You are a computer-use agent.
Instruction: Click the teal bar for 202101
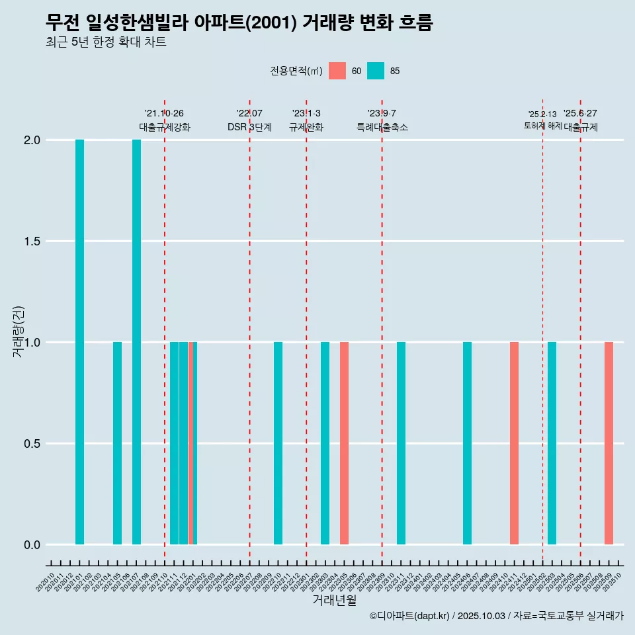pos(79,342)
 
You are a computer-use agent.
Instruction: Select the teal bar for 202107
pos(136,342)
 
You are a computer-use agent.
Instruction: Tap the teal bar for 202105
pos(117,443)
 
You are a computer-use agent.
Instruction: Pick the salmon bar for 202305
pos(344,443)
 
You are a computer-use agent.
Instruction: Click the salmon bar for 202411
pos(514,443)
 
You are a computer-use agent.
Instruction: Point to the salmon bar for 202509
pos(609,443)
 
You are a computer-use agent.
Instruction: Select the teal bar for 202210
pos(278,443)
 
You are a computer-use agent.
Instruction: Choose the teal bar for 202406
pos(467,443)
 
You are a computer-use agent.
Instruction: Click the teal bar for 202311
pos(401,443)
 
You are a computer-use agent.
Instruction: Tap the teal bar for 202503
pos(552,443)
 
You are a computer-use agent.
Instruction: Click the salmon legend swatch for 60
pos(337,71)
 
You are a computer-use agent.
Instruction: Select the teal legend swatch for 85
pos(376,71)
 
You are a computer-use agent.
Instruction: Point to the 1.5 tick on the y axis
pos(32,241)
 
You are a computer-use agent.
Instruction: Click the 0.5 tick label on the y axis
pos(32,444)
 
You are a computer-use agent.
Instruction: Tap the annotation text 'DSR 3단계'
pos(249,127)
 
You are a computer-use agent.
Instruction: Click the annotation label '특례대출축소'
pos(382,127)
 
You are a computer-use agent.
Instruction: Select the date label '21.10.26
pos(164,114)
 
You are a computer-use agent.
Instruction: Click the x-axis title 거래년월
pos(334,600)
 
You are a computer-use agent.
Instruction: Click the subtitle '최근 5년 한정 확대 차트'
pos(106,42)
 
